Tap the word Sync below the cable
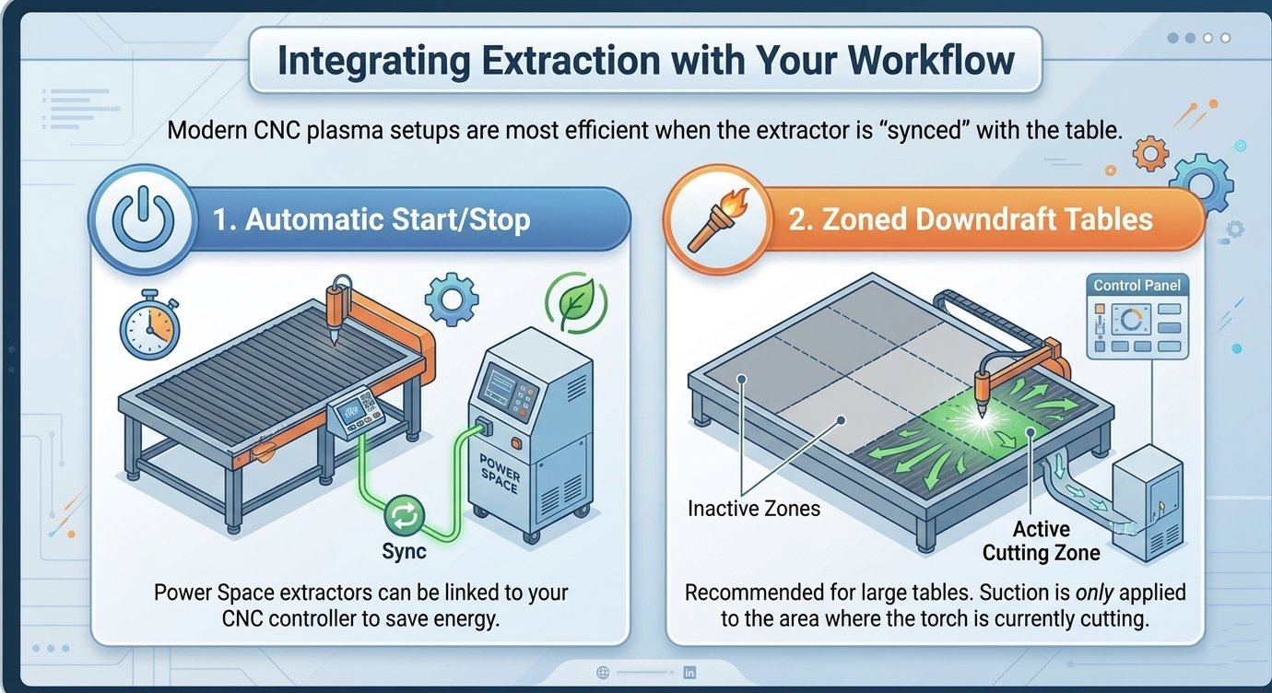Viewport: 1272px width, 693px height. (404, 551)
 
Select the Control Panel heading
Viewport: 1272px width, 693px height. (1137, 286)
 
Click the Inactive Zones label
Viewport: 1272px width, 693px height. (753, 508)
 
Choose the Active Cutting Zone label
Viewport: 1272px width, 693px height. (1041, 541)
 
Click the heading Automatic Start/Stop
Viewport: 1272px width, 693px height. (371, 221)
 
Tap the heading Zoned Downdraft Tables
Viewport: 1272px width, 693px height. (971, 219)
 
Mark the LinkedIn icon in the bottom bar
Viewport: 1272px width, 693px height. (689, 673)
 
